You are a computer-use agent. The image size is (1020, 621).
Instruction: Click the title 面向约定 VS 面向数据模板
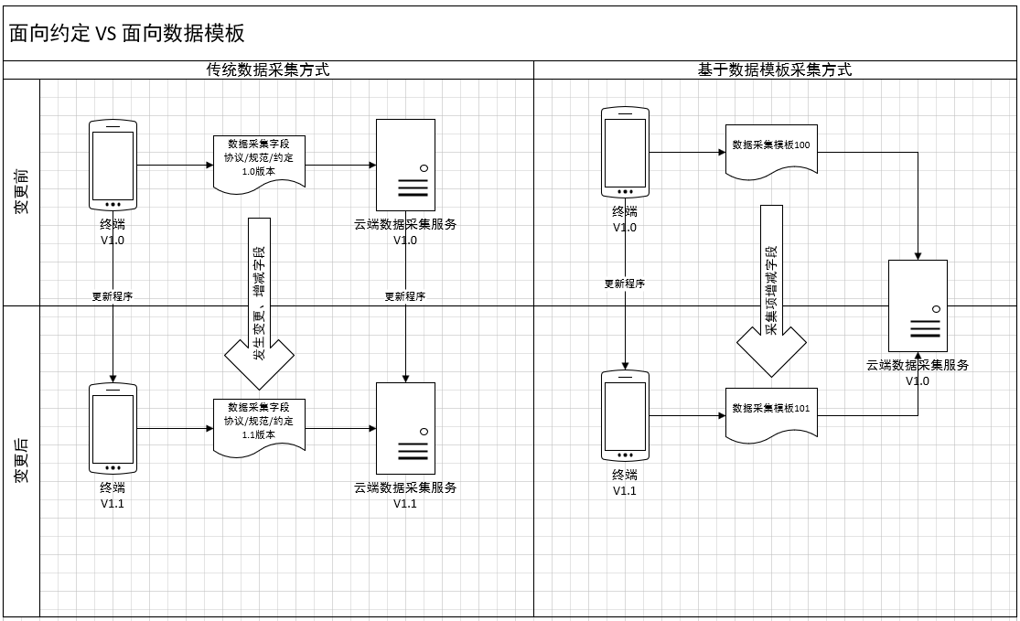(x=127, y=34)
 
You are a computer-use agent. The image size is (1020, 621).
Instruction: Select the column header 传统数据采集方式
(x=267, y=70)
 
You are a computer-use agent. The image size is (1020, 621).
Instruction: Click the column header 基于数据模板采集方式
(x=775, y=70)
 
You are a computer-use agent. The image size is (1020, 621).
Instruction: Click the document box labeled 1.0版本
(x=259, y=163)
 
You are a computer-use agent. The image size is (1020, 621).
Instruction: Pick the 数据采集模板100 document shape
(x=771, y=150)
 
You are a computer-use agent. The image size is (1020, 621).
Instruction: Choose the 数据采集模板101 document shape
(x=771, y=413)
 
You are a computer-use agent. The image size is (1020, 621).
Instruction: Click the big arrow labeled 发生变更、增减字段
(x=259, y=302)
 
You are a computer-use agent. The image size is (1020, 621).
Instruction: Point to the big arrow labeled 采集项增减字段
(x=771, y=290)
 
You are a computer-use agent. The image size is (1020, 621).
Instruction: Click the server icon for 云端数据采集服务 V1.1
(x=405, y=427)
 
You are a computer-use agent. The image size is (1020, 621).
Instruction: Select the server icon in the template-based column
(x=918, y=305)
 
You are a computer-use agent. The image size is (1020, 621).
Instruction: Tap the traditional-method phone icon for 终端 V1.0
(x=113, y=165)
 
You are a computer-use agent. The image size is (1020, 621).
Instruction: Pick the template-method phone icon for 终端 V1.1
(x=625, y=416)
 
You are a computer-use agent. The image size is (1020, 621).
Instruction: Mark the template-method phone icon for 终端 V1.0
(x=625, y=152)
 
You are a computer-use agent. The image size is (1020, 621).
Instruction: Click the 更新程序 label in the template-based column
(x=625, y=284)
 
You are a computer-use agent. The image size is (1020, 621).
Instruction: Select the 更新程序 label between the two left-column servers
(x=404, y=296)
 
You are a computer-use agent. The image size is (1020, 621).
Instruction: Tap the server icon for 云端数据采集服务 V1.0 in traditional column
(x=405, y=165)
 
